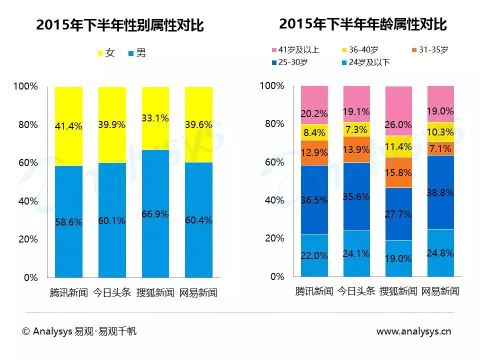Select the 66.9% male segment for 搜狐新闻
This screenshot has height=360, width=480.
click(x=155, y=214)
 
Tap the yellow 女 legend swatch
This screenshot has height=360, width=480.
click(x=100, y=53)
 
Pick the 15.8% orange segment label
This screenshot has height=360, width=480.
click(x=398, y=172)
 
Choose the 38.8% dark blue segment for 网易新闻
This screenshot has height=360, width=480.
click(x=440, y=192)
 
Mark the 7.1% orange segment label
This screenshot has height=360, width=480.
click(x=440, y=148)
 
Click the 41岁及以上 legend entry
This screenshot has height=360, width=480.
click(x=294, y=50)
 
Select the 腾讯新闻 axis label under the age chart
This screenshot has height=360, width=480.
click(x=314, y=291)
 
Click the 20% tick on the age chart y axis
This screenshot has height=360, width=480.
click(x=274, y=238)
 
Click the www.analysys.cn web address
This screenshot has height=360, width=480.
click(x=413, y=331)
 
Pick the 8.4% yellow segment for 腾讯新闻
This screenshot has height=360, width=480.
click(x=314, y=132)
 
